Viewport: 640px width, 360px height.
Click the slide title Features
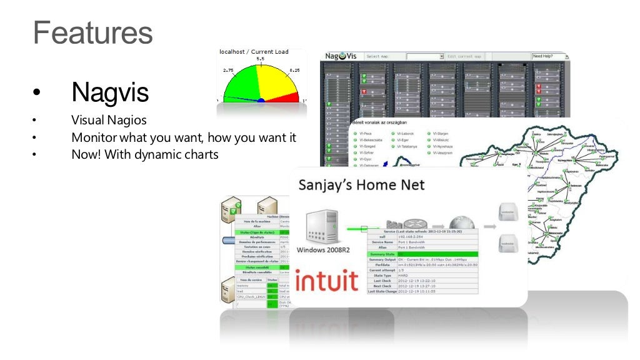[x=92, y=32]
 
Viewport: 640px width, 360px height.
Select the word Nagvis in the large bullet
[x=110, y=92]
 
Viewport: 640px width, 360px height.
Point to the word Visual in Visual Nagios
[x=86, y=120]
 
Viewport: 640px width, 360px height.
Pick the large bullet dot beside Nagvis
[x=36, y=94]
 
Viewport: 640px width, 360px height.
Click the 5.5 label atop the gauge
[x=260, y=59]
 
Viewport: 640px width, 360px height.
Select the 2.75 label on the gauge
[x=229, y=71]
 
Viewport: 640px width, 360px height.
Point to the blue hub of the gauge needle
[x=261, y=100]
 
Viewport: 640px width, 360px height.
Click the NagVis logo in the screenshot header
[x=340, y=56]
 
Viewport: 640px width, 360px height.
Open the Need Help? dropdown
[x=549, y=56]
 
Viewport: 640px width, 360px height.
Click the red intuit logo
[x=327, y=282]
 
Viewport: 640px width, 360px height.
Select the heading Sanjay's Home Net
[x=361, y=185]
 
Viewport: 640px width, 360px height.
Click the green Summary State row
[x=422, y=254]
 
